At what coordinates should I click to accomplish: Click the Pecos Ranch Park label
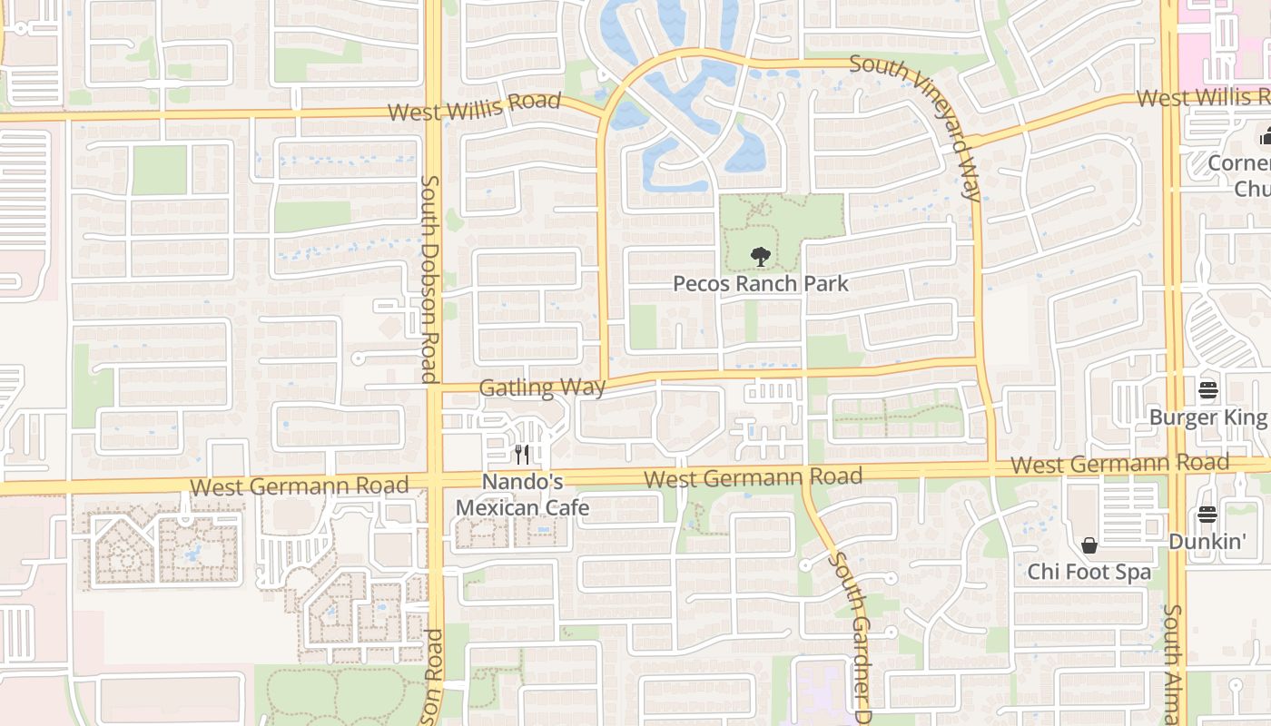(x=761, y=283)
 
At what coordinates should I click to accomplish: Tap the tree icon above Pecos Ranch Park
(x=761, y=257)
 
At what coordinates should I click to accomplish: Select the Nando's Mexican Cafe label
(x=522, y=495)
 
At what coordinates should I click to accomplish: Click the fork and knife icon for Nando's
(x=522, y=455)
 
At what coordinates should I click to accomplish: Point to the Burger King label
(x=1207, y=417)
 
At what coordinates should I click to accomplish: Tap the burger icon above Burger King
(x=1207, y=390)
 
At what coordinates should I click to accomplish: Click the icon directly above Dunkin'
(x=1207, y=515)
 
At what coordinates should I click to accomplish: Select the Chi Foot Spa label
(x=1089, y=573)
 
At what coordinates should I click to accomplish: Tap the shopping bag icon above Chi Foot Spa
(x=1089, y=545)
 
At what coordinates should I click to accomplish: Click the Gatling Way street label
(x=542, y=388)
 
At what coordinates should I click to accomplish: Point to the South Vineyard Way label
(x=917, y=127)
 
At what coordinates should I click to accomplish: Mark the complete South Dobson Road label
(x=429, y=279)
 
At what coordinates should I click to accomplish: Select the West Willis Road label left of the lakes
(x=474, y=105)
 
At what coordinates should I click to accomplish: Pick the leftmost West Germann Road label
(x=300, y=486)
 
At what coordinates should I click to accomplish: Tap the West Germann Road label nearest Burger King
(x=1120, y=464)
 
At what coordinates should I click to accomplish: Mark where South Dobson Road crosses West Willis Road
(x=433, y=113)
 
